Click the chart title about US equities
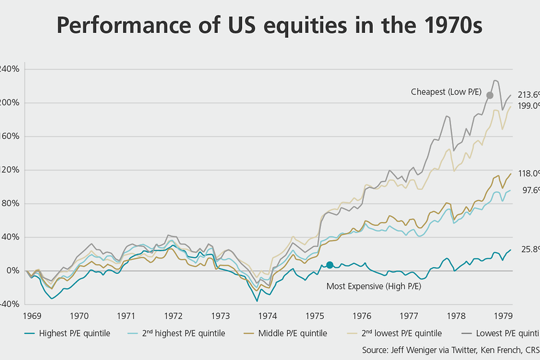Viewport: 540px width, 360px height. [x=270, y=26]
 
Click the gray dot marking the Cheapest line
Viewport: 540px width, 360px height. [x=489, y=95]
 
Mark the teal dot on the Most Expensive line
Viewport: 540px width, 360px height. [x=329, y=265]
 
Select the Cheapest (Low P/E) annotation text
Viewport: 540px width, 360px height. [x=446, y=92]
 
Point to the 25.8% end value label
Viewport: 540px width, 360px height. [x=531, y=249]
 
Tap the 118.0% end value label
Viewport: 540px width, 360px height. [x=528, y=173]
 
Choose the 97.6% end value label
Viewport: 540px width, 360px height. [x=531, y=190]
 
